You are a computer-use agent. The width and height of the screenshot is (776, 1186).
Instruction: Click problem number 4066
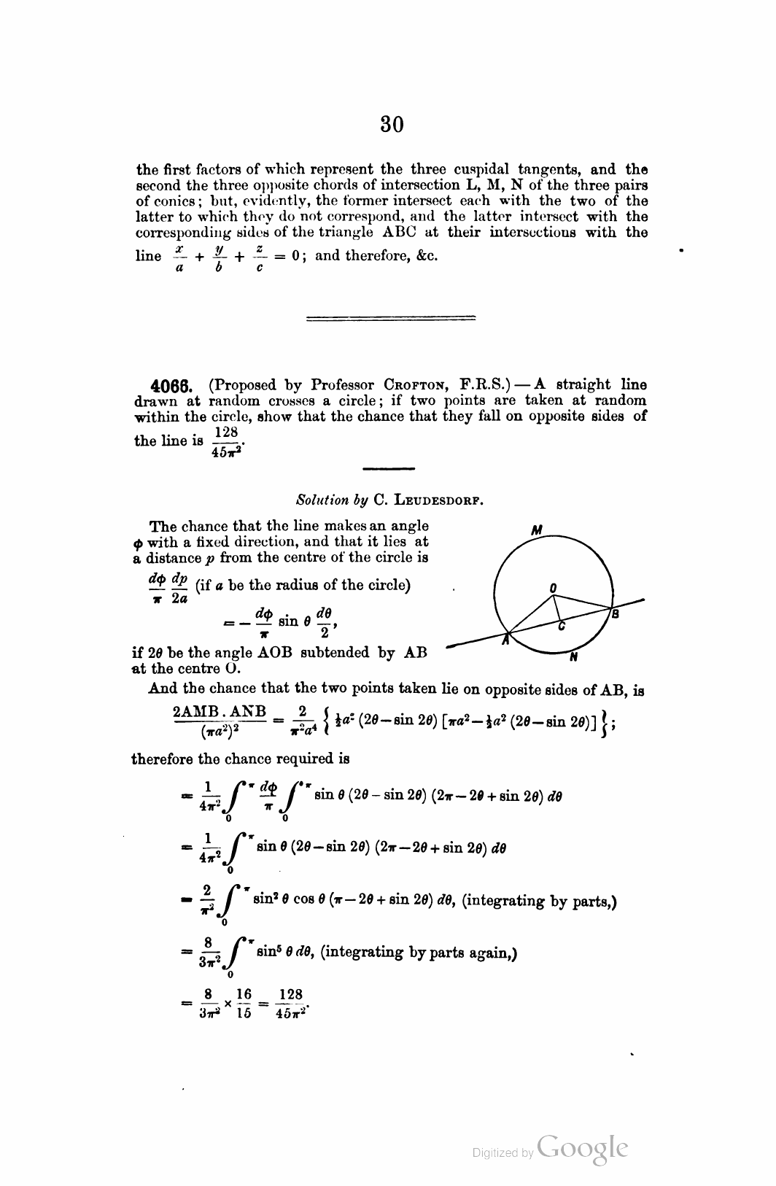(x=170, y=385)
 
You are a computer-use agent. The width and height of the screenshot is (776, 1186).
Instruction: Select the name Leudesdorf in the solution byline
(x=441, y=500)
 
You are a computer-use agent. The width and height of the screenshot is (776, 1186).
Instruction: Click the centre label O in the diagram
(x=553, y=586)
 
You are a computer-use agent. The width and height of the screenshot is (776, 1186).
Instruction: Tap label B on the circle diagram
(x=615, y=615)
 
